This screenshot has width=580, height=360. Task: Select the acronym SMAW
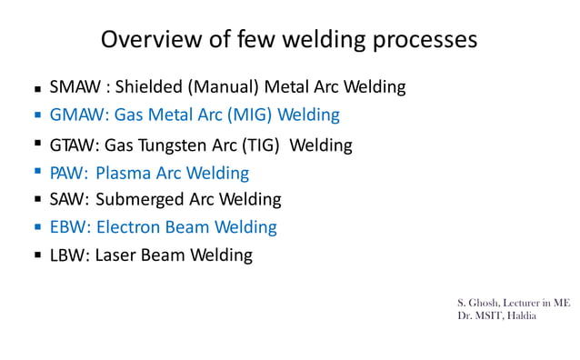pyautogui.click(x=75, y=87)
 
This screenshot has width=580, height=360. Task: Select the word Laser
pyautogui.click(x=118, y=255)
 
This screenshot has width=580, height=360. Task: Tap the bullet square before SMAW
pyautogui.click(x=38, y=91)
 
